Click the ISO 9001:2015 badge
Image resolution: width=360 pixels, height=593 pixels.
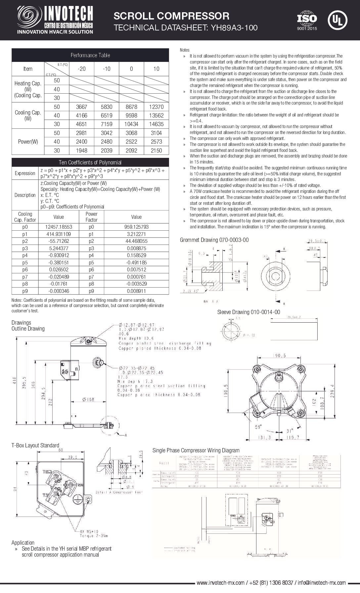[x=307, y=21]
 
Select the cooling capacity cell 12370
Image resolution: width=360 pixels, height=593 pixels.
[x=156, y=107]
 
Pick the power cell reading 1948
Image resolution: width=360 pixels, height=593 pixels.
[x=81, y=151]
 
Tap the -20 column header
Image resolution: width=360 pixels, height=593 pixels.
[x=81, y=69]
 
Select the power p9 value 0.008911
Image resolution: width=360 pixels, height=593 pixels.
[x=136, y=291]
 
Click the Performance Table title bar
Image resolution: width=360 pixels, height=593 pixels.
[x=90, y=55]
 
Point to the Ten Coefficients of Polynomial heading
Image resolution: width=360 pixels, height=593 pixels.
[x=90, y=162]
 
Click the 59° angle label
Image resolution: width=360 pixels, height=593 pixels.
[x=258, y=426]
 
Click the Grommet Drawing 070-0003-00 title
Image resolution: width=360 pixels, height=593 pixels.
[x=214, y=240]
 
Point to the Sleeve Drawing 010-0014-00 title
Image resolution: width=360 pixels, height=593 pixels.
[x=248, y=312]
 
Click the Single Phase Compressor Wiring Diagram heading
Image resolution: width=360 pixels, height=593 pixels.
[x=196, y=450]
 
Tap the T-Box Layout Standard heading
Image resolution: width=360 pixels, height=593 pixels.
[x=35, y=445]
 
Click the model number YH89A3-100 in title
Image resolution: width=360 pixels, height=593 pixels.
[x=232, y=28]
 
